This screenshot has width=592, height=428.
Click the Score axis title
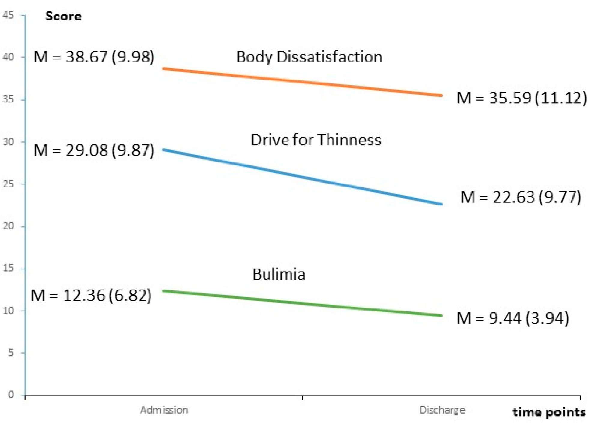pos(63,16)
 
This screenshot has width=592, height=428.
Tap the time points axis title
pos(548,412)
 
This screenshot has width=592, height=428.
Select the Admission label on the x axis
pos(164,410)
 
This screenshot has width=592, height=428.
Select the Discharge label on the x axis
pos(442,410)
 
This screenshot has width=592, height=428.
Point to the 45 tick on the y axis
pos(8,15)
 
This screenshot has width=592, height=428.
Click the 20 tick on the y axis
pos(8,226)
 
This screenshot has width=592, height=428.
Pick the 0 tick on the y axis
pos(11,395)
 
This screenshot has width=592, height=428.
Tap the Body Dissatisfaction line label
pos(309,57)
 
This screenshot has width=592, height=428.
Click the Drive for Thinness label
pos(316,140)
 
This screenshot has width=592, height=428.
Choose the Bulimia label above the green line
pos(279,274)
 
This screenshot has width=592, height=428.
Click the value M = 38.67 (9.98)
pos(94,57)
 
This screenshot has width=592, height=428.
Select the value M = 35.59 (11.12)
pos(521,98)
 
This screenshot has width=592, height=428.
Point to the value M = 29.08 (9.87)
pos(94,150)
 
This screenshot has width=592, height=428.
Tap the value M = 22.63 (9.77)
pos(521,197)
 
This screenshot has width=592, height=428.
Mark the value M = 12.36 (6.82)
pos(91,295)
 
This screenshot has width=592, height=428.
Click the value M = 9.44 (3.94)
pos(512,318)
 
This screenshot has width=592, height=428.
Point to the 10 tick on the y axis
pos(8,311)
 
